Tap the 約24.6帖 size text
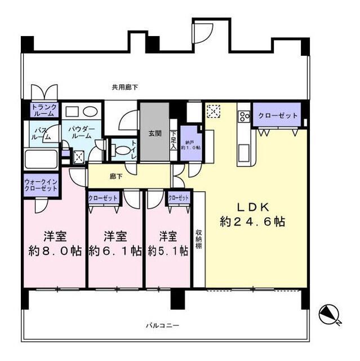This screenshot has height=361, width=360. pos(253,222)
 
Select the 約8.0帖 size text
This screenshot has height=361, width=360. pos(55,252)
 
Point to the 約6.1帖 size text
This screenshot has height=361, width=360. pos(115,252)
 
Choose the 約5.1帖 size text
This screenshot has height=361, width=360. pos(168,252)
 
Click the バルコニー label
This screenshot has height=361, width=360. pos(162,326)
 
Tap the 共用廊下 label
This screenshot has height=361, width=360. pos(125,87)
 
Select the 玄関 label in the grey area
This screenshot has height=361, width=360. pos(155,134)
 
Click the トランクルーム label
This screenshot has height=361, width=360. pos(43,109)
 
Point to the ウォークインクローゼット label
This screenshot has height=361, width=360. pos(41,186)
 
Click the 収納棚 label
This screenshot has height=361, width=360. pos(199,240)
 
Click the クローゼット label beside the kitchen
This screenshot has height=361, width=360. pos(278,116)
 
